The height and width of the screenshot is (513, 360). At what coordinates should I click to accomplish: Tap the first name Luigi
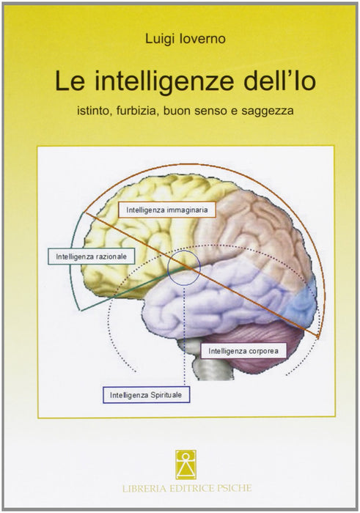(x=166, y=40)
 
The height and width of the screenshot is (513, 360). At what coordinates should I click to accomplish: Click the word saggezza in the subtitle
(x=268, y=111)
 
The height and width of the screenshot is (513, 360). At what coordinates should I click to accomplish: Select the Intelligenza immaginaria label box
(x=167, y=210)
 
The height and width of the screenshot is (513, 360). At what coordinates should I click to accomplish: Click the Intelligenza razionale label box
(x=92, y=256)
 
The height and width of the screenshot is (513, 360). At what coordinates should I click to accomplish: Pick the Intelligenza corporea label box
(x=243, y=351)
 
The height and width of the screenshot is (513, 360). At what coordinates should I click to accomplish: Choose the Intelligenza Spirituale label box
(x=146, y=395)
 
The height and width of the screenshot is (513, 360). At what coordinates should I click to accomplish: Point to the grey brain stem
(x=213, y=363)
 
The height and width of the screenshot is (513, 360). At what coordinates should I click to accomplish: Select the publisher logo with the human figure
(x=185, y=465)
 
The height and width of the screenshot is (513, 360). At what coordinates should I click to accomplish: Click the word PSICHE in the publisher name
(x=235, y=488)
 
